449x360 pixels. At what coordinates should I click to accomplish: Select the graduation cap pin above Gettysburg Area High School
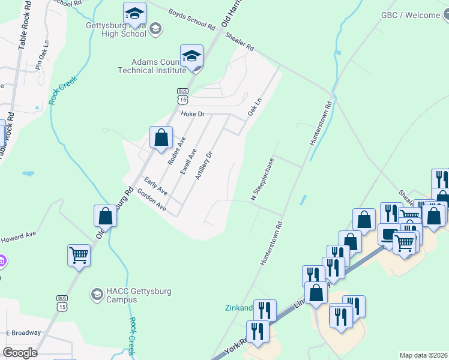(x=134, y=14)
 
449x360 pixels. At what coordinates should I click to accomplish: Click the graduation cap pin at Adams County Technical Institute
(x=191, y=57)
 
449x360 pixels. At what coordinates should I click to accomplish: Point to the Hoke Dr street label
(x=193, y=113)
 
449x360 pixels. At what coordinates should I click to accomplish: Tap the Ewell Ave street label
(x=188, y=161)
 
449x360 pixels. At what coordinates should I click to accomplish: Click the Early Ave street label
(x=155, y=185)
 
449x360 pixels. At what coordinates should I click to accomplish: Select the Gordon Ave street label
(x=151, y=199)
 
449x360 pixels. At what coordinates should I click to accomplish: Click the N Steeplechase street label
(x=262, y=179)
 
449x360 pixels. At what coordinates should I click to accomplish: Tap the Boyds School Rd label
(x=191, y=19)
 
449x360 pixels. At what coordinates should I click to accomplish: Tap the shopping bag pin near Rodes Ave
(x=161, y=137)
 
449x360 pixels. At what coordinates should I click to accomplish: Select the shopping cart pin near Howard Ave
(x=79, y=255)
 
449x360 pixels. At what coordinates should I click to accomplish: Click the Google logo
(x=21, y=353)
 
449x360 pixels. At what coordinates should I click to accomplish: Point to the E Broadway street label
(x=23, y=332)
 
